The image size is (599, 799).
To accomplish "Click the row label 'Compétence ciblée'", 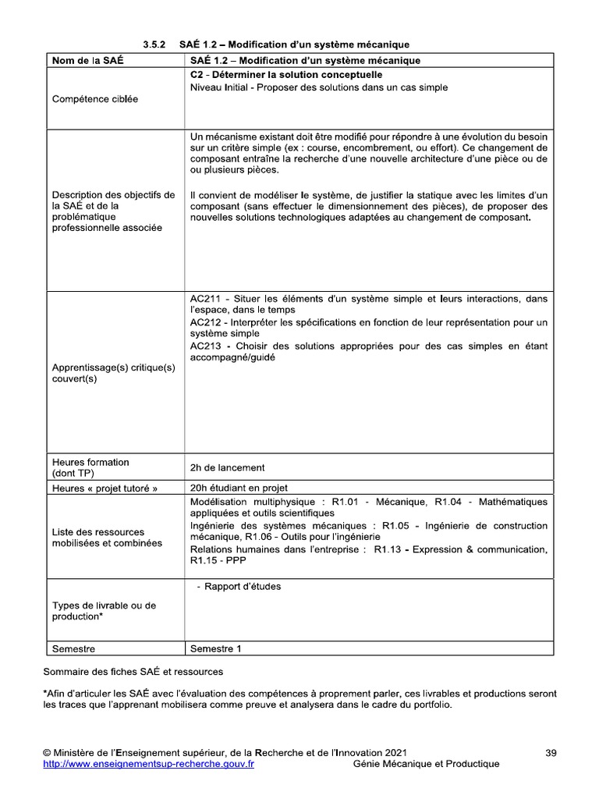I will [x=94, y=100].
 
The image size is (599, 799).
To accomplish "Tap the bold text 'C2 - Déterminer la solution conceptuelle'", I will [x=285, y=74].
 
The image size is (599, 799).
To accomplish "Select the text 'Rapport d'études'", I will [x=242, y=587].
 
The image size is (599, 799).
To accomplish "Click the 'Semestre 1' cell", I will [x=216, y=648].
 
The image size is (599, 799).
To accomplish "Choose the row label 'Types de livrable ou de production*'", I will [x=104, y=611].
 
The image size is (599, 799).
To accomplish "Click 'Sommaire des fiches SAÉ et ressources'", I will [x=133, y=671].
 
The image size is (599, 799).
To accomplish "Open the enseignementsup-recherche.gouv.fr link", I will [x=147, y=764].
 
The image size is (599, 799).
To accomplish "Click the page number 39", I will [x=551, y=753].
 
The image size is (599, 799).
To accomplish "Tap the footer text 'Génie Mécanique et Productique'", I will [x=426, y=764].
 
